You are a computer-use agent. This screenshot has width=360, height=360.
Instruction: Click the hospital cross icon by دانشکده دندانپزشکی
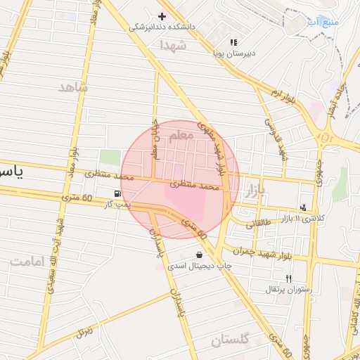162,15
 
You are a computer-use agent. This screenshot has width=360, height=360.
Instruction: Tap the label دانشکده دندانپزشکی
162,27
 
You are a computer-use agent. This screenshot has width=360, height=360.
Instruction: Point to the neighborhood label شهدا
172,45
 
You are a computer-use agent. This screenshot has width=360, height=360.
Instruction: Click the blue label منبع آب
323,22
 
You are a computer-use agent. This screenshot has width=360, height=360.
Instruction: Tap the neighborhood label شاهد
74,87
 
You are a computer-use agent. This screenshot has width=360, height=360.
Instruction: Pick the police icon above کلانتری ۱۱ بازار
302,207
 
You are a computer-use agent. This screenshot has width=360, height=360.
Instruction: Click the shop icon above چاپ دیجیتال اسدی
200,255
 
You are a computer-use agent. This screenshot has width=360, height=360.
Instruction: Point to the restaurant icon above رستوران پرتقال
288,279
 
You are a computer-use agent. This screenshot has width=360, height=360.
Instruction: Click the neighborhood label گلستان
231,341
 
